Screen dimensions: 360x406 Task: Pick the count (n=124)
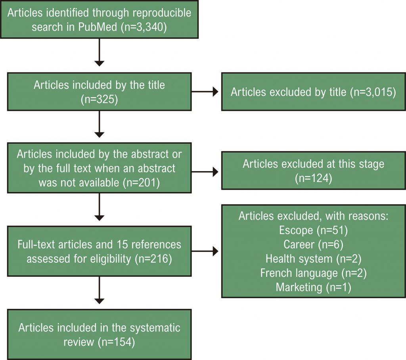coord(313,178)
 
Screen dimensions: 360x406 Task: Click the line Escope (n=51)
coord(313,230)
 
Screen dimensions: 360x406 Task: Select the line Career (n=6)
coord(313,244)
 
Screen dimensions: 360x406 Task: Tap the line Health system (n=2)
coord(313,259)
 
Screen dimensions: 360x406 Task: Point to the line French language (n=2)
coord(313,273)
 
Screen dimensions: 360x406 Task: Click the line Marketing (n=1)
coord(313,287)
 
